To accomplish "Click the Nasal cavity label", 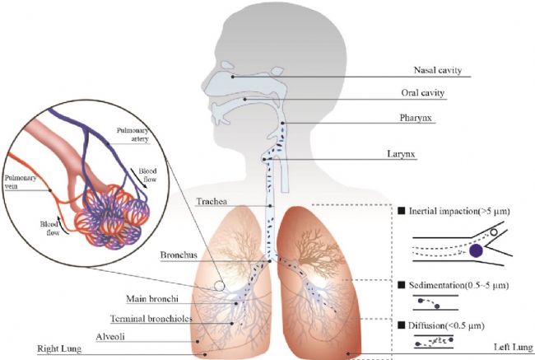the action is [437, 70].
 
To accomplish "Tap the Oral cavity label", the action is [423, 93].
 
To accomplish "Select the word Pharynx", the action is [416, 118].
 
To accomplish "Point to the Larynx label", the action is [401, 154].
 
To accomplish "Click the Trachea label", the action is [212, 202].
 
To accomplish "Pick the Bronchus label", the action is [179, 255].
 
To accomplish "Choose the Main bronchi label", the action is [152, 299].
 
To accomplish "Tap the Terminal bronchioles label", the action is [151, 319].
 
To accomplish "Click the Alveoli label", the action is [110, 337].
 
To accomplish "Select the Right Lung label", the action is [59, 348].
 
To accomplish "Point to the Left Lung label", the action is [513, 348].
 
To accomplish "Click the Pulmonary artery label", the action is [133, 134].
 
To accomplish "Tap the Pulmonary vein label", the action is [20, 182].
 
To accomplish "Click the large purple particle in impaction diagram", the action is [476, 250].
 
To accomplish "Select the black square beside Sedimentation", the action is [402, 285].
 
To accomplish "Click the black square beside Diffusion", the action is [402, 325].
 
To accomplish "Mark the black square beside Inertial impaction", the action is [402, 211].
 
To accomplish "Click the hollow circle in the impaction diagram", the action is [494, 232].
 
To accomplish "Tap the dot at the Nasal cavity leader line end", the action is [233, 77].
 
